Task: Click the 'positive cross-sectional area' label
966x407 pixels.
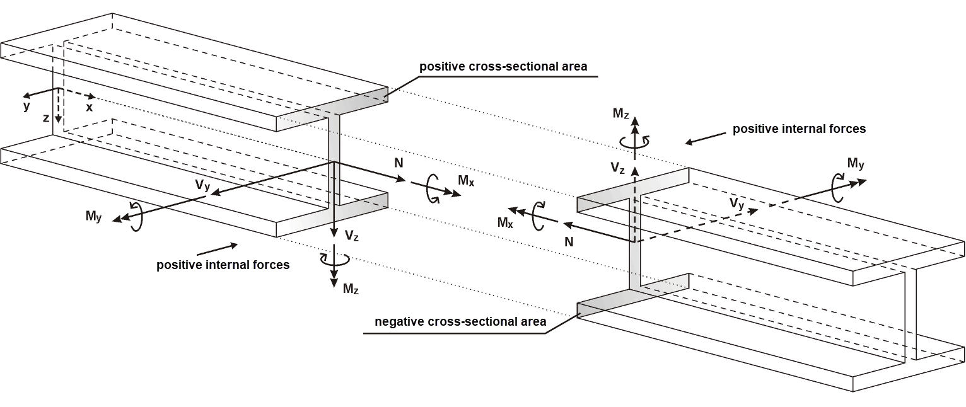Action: (x=503, y=67)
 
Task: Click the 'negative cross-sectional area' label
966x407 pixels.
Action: (x=460, y=322)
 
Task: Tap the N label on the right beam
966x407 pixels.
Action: (x=569, y=241)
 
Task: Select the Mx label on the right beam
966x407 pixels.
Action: (x=506, y=222)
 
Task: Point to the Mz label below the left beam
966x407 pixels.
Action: (x=351, y=289)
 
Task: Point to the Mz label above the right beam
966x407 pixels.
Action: (x=620, y=113)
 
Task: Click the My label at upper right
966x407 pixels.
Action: (x=856, y=164)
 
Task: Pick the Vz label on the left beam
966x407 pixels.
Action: (x=352, y=236)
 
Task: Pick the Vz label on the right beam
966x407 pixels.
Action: (x=618, y=168)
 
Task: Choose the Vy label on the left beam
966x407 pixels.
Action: (x=202, y=185)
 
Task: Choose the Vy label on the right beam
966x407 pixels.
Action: (x=736, y=203)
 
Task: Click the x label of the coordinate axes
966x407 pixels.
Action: (x=90, y=108)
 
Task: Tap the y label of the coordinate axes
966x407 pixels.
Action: (x=26, y=106)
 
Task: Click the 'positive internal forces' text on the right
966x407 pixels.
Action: (x=799, y=129)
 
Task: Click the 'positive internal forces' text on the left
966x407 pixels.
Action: (x=223, y=265)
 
